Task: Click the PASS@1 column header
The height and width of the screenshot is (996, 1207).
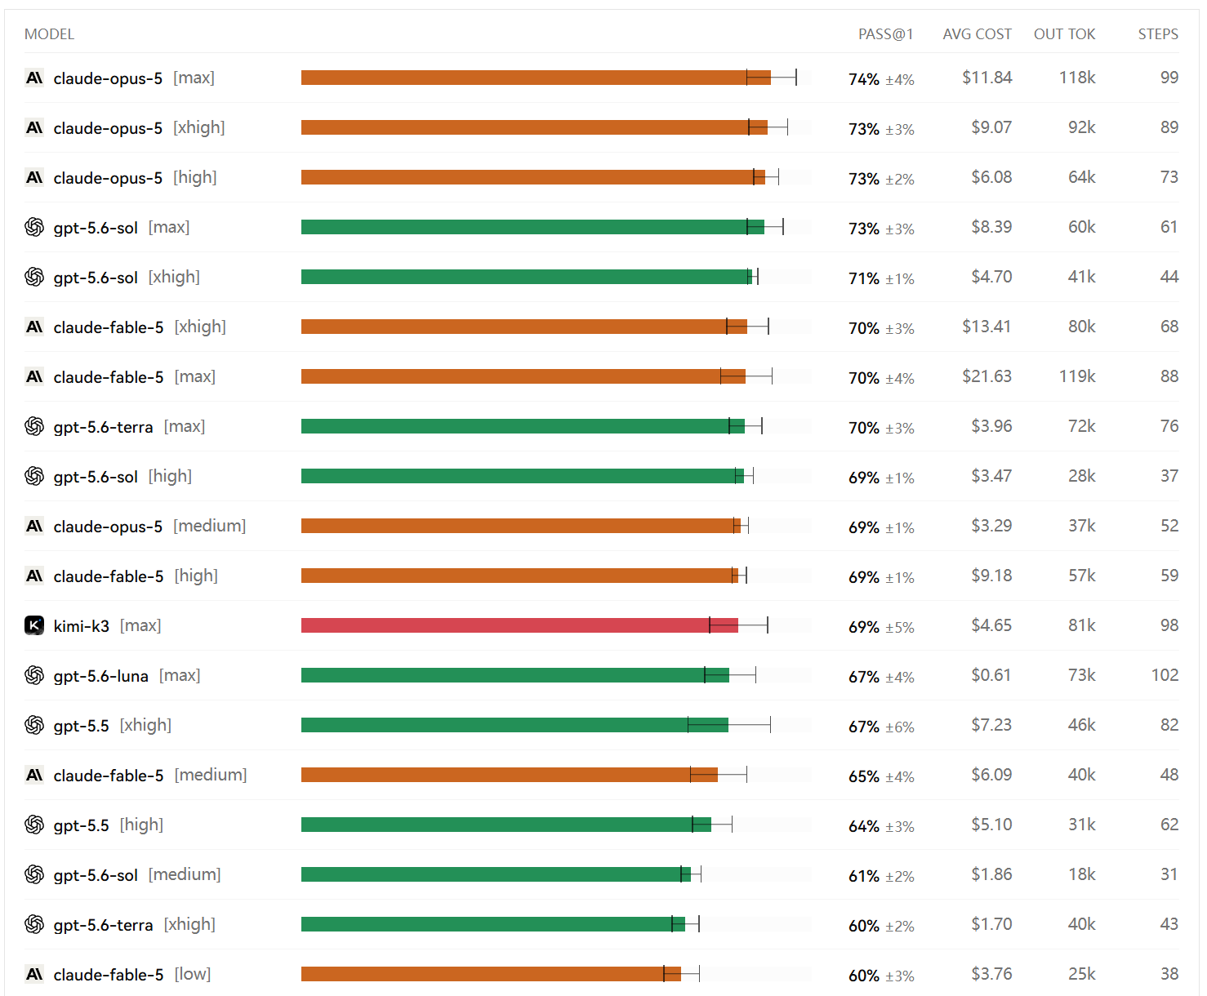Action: pos(885,34)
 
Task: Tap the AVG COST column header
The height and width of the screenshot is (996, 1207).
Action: pos(977,34)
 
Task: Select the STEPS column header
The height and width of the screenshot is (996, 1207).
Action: pos(1158,34)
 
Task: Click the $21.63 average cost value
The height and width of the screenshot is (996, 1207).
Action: pos(987,376)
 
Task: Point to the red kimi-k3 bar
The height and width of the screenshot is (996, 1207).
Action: pos(519,625)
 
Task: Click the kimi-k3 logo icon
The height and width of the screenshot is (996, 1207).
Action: pos(34,625)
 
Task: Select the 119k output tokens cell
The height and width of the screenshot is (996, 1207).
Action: pos(1077,376)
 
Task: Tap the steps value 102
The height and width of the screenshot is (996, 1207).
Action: pos(1165,674)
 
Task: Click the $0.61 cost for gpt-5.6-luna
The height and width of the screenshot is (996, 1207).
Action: pos(991,674)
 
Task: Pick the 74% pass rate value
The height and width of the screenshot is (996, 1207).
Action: pos(864,78)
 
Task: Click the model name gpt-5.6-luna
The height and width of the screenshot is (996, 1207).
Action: pos(100,676)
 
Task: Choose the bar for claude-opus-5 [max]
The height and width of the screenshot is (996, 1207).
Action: pos(536,78)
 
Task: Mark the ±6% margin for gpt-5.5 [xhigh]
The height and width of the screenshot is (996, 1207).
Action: pos(899,727)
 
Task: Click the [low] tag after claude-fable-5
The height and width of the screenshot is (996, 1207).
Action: pos(193,974)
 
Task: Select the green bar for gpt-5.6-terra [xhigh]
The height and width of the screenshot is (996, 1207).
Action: pos(493,923)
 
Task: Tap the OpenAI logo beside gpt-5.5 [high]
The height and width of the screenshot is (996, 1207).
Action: pos(34,825)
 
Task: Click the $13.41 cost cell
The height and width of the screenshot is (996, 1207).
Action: pos(987,327)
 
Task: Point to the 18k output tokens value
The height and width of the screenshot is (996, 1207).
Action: pos(1081,874)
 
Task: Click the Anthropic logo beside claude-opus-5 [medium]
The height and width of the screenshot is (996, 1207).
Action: pos(34,526)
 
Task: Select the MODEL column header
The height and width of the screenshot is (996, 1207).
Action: pos(49,34)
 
